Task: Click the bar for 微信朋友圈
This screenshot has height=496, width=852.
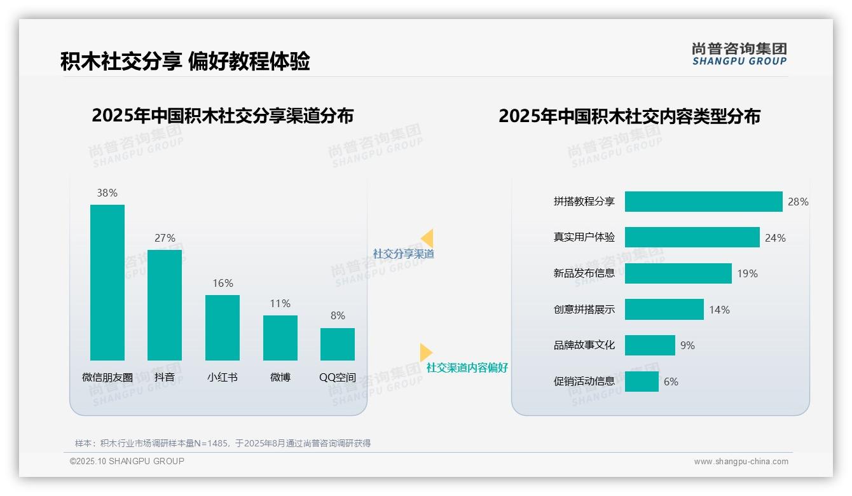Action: pos(107,282)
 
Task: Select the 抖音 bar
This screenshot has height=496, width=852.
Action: pos(165,305)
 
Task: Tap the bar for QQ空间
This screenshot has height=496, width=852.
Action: pos(338,344)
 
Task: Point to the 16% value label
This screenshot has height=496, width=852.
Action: pos(223,284)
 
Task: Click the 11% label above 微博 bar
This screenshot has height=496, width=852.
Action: pos(280,304)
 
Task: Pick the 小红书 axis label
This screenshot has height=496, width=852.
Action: pos(223,377)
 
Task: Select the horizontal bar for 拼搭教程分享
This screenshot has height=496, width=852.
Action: pos(703,202)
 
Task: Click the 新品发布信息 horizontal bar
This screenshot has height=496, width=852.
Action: pos(678,273)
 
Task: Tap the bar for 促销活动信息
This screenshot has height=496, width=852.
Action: pos(642,382)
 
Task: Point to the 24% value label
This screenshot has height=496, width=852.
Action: pos(775,238)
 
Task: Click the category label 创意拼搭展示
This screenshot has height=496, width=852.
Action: pos(584,310)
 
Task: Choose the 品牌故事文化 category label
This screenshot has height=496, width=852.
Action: pos(584,345)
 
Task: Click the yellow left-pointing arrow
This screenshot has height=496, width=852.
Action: pos(427,238)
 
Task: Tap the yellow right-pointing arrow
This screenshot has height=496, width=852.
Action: pos(425,352)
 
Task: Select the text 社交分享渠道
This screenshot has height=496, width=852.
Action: pos(404,254)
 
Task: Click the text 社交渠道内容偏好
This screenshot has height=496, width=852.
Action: pos(467,368)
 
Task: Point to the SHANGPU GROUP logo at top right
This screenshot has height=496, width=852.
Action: pos(739,54)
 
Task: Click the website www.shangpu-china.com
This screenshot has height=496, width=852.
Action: pos(741,462)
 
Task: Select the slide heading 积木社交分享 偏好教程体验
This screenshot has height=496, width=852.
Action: pos(185,62)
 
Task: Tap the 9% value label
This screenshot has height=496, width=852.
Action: pos(687,345)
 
